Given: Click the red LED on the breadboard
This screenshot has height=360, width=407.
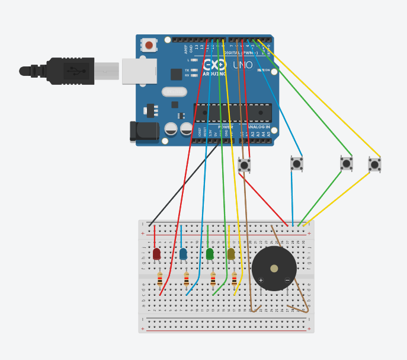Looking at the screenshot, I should [x=156, y=254].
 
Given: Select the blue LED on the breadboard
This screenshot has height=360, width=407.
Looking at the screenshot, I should [x=183, y=254].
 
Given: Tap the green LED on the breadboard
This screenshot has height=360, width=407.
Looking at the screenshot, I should [x=210, y=254].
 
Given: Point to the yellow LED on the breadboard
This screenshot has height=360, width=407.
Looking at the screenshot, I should [x=231, y=254].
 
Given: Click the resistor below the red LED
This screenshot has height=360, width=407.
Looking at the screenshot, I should [x=160, y=279].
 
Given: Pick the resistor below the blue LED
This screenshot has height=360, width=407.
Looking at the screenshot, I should [x=187, y=279].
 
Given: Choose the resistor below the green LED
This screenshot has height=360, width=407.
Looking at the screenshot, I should [x=213, y=279].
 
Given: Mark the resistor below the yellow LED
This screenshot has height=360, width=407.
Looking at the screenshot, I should [x=235, y=279].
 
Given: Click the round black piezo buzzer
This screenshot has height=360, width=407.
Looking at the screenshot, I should [x=274, y=269].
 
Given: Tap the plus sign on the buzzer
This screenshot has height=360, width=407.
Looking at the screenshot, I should [x=261, y=280].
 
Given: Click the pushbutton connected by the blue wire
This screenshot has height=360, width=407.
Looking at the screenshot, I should [x=297, y=163].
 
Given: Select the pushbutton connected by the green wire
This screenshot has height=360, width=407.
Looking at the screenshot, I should [x=347, y=163].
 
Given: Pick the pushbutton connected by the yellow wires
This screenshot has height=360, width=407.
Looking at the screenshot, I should [x=374, y=164].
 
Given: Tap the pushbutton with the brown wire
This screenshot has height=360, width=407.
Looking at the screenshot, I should [x=244, y=165].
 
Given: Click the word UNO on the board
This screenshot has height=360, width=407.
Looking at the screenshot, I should [x=243, y=65].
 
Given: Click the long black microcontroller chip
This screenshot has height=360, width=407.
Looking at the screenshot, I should [x=233, y=113].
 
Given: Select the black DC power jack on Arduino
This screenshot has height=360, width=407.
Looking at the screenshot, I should [x=145, y=131].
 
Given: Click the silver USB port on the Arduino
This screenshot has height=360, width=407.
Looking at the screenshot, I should [x=140, y=71].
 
